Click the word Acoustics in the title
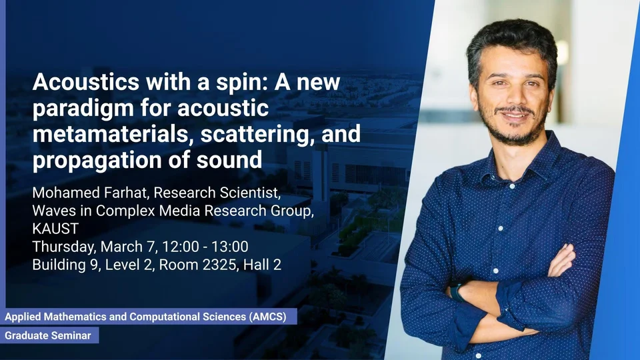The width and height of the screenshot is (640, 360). point(86,82)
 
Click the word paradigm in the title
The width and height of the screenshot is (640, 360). point(83,109)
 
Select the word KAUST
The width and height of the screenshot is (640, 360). point(55,229)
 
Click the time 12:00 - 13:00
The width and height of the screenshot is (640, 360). point(205,247)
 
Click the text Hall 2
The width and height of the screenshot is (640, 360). point(262,265)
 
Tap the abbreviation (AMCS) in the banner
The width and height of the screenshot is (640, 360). point(267,317)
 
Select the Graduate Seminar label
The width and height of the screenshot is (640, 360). point(48,335)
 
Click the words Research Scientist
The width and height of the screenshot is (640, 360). point(217,192)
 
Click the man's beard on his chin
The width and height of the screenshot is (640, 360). point(515,133)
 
